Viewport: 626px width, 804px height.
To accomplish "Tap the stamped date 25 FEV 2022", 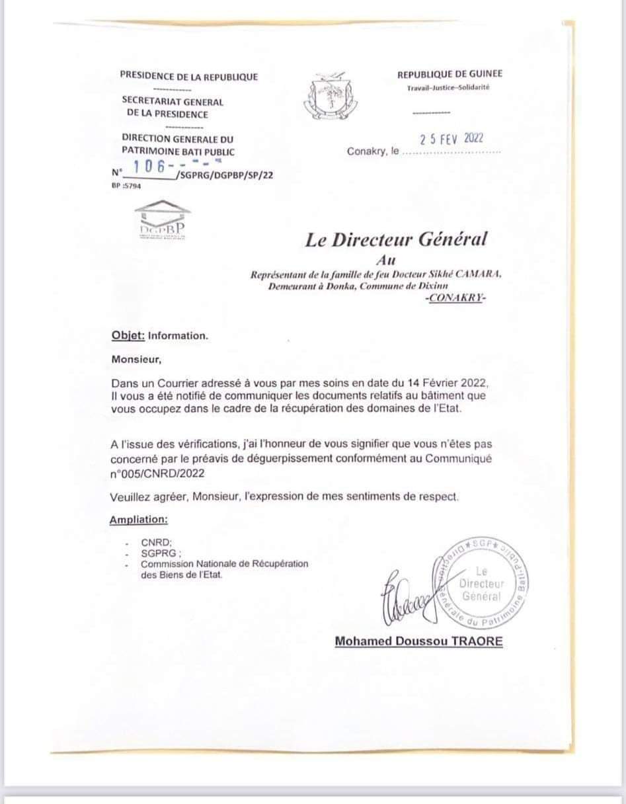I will click(x=452, y=139).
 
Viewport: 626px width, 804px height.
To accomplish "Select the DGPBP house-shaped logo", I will click(x=162, y=219).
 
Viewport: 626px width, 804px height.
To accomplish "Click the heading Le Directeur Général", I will click(x=395, y=239).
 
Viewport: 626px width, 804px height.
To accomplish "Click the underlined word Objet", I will click(x=128, y=335).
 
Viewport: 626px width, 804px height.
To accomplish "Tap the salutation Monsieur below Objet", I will click(x=136, y=360).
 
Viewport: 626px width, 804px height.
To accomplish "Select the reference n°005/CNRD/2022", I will click(x=157, y=473).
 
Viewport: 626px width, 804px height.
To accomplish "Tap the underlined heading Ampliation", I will click(x=138, y=520).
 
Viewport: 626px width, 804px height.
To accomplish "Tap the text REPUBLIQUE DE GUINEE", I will click(x=450, y=75).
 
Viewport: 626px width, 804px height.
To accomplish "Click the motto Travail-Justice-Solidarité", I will click(x=448, y=88).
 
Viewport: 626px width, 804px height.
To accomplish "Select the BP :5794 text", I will click(x=127, y=186).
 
